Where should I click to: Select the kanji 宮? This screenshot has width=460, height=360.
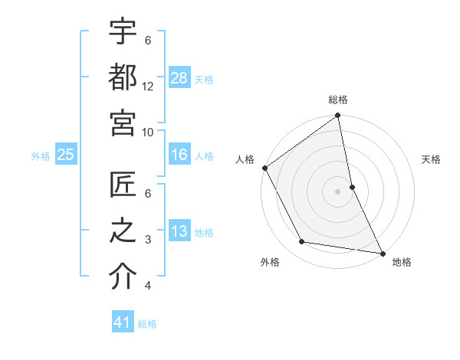tap(123, 123)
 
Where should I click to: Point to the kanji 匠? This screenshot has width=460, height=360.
tap(123, 185)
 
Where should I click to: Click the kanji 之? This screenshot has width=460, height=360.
tap(123, 231)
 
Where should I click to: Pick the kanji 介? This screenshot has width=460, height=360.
tap(123, 277)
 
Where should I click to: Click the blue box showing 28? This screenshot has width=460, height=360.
tap(179, 77)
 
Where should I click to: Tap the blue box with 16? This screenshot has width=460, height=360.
tap(179, 155)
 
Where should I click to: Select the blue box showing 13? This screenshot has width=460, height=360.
tap(179, 231)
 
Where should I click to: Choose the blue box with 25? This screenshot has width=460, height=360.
tap(65, 155)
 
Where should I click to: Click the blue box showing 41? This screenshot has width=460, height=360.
tap(123, 322)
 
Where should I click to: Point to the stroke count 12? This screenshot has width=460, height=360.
tap(148, 86)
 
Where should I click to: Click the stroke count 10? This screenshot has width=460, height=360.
tap(148, 132)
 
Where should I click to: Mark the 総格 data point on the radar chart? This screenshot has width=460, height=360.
tap(337, 116)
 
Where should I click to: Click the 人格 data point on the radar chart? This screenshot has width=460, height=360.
tap(264, 168)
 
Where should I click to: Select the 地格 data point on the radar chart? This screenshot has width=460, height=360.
tap(382, 252)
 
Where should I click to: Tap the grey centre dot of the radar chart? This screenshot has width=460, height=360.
tap(337, 191)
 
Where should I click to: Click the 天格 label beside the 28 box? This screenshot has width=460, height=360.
tap(204, 79)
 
